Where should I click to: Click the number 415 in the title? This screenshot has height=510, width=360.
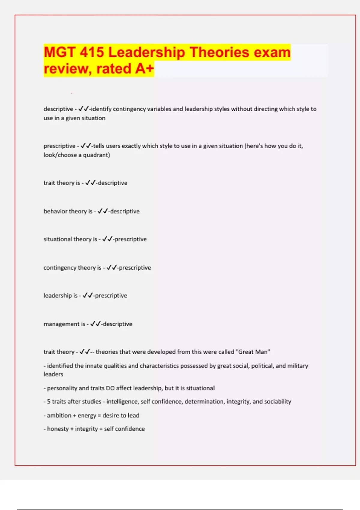91,52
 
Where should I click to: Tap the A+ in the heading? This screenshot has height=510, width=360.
144,69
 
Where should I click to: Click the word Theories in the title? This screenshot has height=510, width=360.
219,52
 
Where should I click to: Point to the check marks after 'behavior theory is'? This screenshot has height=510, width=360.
103,211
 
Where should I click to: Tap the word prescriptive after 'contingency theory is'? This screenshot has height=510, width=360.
135,268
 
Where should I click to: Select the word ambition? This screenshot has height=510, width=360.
59,415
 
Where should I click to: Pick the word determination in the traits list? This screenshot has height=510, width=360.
204,402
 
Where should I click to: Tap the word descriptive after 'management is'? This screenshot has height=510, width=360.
117,324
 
